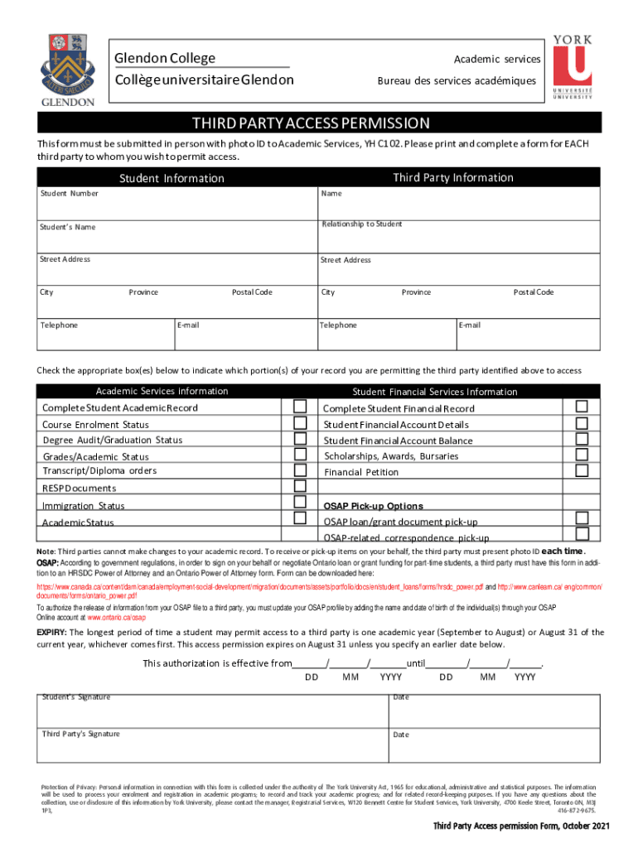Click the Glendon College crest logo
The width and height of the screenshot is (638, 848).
[66, 69]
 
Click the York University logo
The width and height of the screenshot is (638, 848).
[572, 66]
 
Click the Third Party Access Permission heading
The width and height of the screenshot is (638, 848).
[311, 123]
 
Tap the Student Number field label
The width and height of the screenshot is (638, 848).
[70, 194]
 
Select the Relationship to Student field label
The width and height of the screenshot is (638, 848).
[362, 224]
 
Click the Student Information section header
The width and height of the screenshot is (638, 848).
[172, 178]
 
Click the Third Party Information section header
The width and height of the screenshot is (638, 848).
[452, 178]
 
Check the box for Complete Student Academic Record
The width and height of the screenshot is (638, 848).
[300, 407]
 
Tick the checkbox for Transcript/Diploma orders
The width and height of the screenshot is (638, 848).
[300, 470]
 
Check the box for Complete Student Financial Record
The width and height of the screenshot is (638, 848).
[582, 407]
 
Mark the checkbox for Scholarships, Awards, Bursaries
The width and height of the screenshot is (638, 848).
[582, 455]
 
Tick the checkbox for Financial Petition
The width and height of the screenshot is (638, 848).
[582, 470]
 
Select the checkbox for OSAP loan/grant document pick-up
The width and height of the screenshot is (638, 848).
[582, 518]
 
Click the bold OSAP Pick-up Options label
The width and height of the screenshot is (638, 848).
[373, 506]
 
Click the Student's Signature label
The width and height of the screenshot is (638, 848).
[76, 697]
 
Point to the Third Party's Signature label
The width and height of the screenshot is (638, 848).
[81, 734]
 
